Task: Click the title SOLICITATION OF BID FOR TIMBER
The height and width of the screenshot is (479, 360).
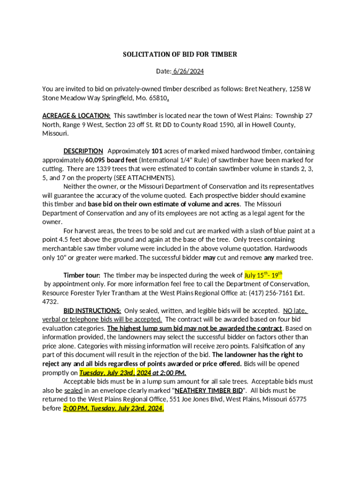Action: [180, 54]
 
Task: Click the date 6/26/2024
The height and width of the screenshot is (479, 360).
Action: [188, 72]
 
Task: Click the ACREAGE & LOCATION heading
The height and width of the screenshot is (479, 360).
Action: [76, 116]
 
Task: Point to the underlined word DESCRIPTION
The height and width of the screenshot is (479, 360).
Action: [83, 151]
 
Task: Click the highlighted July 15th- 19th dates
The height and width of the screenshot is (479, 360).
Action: [263, 275]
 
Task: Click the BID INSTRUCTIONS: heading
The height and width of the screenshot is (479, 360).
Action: [92, 311]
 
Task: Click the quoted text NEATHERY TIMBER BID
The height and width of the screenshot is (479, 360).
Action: [209, 390]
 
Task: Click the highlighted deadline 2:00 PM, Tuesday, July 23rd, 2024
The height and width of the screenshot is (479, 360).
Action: [113, 408]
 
